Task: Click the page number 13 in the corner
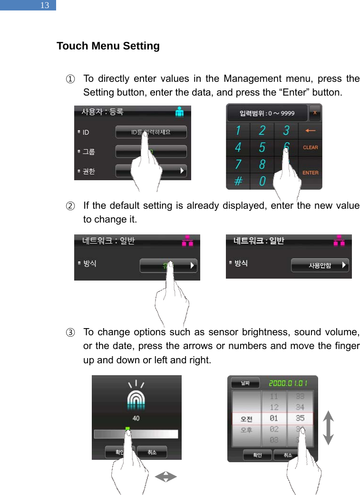[x=45, y=6]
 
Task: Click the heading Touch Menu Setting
[x=108, y=46]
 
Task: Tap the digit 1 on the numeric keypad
[x=237, y=130]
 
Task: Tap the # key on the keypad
[x=238, y=181]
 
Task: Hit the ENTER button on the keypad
[x=311, y=173]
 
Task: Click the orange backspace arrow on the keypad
[x=310, y=130]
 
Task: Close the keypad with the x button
[x=315, y=113]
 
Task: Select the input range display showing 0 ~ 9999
[x=266, y=113]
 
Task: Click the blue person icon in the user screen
[x=179, y=112]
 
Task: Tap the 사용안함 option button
[x=320, y=265]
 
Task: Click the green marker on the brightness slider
[x=127, y=428]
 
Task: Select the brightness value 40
[x=136, y=418]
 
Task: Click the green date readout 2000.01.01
[x=288, y=383]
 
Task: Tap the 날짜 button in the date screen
[x=244, y=383]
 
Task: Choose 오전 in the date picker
[x=246, y=419]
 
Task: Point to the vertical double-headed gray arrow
[x=328, y=428]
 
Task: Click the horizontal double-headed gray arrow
[x=165, y=476]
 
